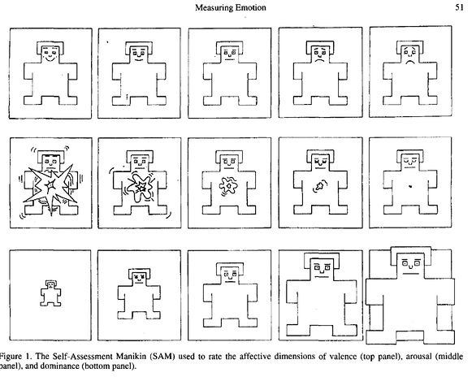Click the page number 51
[459, 7]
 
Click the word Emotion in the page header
[251, 7]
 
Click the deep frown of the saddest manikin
[409, 63]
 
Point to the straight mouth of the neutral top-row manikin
[229, 59]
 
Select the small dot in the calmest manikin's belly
[410, 187]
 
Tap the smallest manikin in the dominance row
[50, 293]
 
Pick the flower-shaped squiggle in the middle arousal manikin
[229, 186]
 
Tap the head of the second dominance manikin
[139, 277]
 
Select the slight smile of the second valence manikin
[139, 59]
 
